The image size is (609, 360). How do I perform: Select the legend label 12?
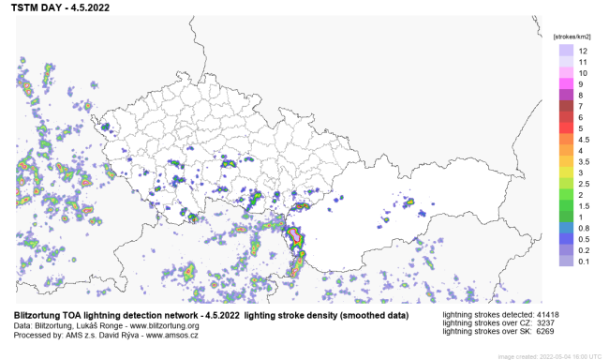point(583,50)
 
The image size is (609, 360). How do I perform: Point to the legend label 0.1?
point(583,262)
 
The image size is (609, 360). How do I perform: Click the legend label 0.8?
point(583,228)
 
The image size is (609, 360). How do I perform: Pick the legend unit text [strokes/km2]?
point(571,34)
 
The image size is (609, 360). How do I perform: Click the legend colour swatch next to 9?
point(567,83)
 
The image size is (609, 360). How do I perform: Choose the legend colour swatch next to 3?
point(567,172)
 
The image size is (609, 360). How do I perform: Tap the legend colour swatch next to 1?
point(567,217)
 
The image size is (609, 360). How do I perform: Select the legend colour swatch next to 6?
point(567,117)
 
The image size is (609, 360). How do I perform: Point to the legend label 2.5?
point(583,184)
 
